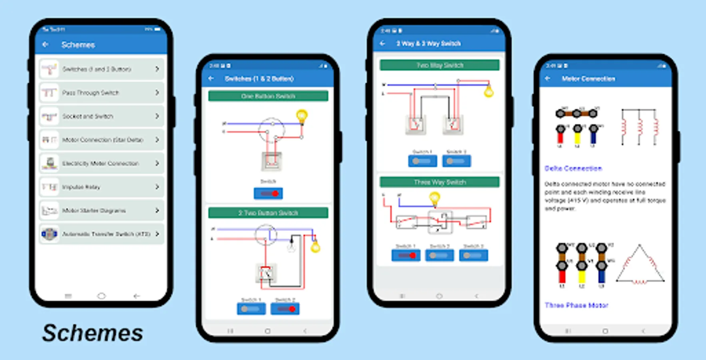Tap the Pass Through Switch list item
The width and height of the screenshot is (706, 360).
coord(102,93)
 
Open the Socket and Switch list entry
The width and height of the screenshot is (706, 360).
coord(102,116)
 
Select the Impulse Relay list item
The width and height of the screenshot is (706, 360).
coord(102,187)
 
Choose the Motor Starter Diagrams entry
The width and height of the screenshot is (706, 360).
coord(102,210)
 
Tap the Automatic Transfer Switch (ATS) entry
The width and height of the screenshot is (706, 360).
coord(102,234)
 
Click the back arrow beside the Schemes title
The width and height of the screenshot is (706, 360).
coord(46,44)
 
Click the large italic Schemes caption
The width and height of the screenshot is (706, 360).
coord(93,333)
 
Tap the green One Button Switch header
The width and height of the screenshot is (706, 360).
coord(268,96)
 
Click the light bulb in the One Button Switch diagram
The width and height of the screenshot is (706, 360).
coord(302,116)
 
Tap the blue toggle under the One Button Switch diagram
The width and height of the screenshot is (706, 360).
coord(268,194)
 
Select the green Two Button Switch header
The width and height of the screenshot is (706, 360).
coord(268,213)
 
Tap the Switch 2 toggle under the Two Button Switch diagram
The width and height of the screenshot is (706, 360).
coord(285,309)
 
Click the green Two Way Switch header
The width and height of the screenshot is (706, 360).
coord(439,65)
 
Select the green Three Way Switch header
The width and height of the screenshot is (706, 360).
coord(439,182)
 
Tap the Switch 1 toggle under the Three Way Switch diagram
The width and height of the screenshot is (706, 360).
coord(406,255)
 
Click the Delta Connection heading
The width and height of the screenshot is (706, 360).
coord(573,168)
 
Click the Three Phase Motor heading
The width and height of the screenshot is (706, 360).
coord(576,305)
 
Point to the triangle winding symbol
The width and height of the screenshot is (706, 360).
coord(640,266)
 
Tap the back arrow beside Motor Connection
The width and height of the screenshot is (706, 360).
coord(548,79)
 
